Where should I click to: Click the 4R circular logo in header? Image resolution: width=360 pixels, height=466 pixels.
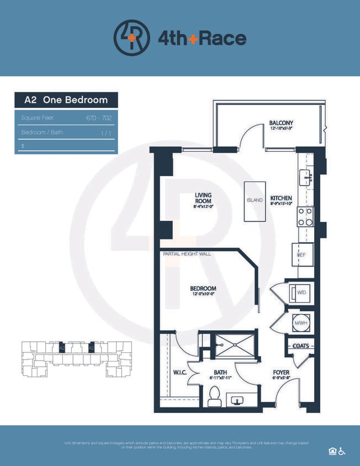click(131, 38)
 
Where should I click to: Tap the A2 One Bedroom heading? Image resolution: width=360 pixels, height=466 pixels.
click(66, 100)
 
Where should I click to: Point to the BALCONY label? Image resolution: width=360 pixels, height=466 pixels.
click(281, 123)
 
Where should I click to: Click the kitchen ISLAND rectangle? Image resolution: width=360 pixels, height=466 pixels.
click(255, 201)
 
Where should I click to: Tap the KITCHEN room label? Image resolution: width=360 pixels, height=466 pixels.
click(281, 199)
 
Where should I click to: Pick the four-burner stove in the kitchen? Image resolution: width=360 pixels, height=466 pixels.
click(305, 216)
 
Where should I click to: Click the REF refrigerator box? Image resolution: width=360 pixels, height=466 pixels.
click(303, 255)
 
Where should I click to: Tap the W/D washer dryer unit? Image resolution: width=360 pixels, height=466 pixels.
click(301, 292)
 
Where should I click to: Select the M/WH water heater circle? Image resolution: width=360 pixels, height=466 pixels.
click(301, 321)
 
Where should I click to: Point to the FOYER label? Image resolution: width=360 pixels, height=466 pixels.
click(282, 373)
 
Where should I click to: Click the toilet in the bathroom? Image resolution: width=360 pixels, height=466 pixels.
click(215, 396)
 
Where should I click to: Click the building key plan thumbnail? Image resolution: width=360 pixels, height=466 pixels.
click(76, 358)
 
